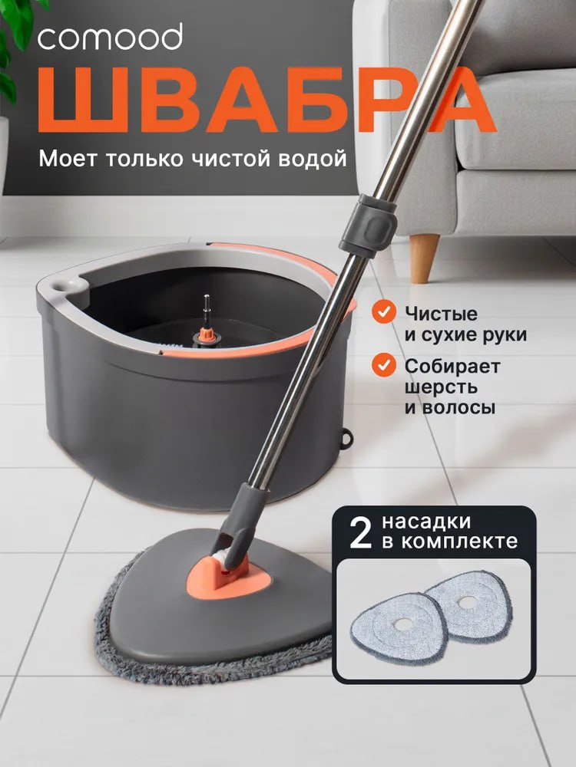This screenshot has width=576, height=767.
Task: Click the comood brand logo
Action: [111, 36]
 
